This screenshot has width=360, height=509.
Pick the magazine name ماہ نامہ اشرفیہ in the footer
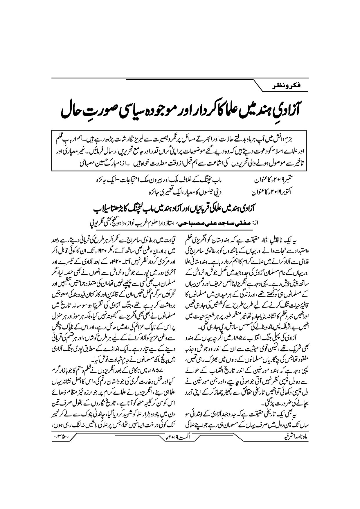tap(292, 436)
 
